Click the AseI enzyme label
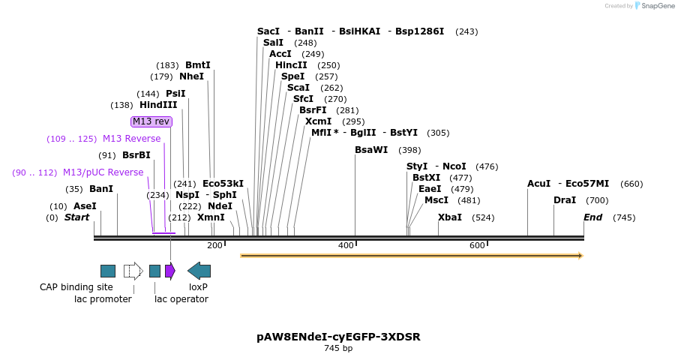point(85,206)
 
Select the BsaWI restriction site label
point(371,150)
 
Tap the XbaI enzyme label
point(450,217)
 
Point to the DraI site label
point(565,200)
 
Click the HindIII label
point(158,105)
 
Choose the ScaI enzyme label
point(298,88)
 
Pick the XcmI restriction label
point(318,121)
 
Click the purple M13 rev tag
point(151,121)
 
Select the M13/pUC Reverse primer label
point(103,172)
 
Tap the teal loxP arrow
point(199,271)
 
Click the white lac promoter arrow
point(133,271)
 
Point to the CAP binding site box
point(108,271)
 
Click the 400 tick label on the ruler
point(346,245)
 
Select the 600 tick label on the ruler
point(477,245)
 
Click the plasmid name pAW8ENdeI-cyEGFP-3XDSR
point(338,337)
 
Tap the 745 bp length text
point(338,349)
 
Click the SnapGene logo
point(654,6)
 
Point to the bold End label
point(592,217)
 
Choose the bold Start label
point(76,217)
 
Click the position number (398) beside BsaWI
point(409,150)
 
